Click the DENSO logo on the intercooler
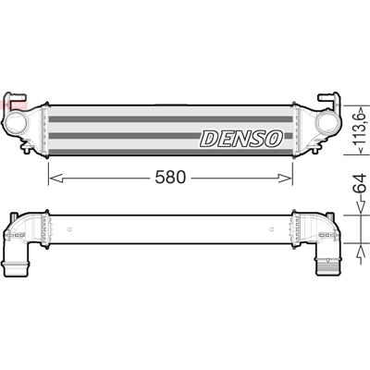[x=241, y=139]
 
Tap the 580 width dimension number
[x=170, y=178]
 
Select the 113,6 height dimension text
[x=361, y=129]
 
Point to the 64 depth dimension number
[x=361, y=184]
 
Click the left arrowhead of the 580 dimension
[x=56, y=178]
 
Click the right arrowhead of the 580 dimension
[x=285, y=178]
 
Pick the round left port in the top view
[x=15, y=122]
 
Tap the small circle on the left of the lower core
[x=69, y=229]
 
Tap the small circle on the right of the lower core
[x=272, y=229]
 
